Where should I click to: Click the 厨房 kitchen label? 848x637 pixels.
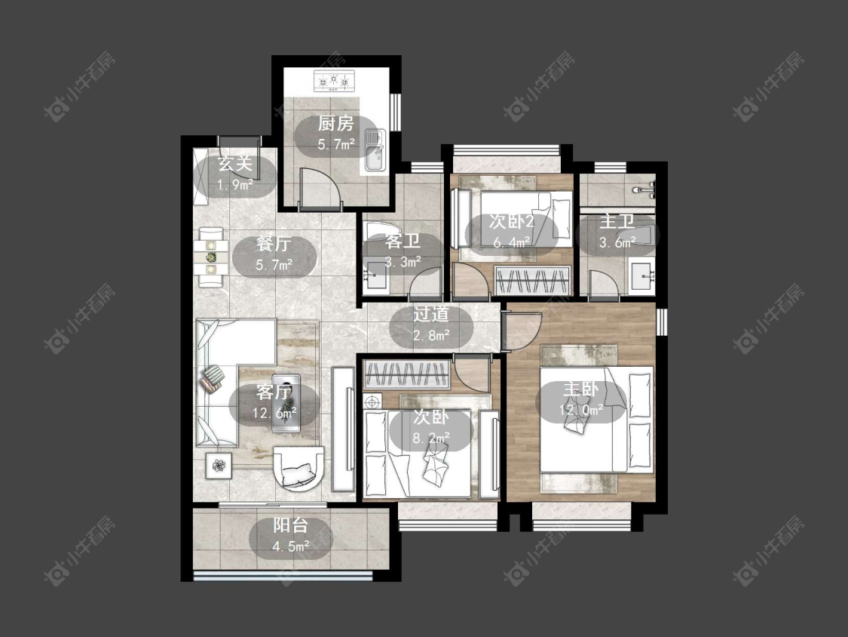pos(336,124)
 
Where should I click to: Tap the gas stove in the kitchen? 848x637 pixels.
pos(334,82)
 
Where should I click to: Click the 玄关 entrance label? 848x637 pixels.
pos(234,164)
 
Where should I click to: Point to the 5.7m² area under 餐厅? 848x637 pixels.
pos(274,265)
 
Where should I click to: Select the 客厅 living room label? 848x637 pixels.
pos(274,392)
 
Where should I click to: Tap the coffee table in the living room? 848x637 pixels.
pos(286,402)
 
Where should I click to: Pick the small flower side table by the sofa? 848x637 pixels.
pos(219,466)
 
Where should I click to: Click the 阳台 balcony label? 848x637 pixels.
pos(290,525)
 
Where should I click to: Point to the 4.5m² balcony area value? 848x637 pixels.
pos(291,546)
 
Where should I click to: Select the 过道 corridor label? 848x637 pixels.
pos(431,314)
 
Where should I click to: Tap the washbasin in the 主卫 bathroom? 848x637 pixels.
pos(642,276)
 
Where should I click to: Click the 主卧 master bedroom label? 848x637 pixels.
pos(581,389)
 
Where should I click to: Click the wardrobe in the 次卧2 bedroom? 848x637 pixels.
pos(533,281)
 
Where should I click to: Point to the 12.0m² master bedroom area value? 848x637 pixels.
pos(581,410)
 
